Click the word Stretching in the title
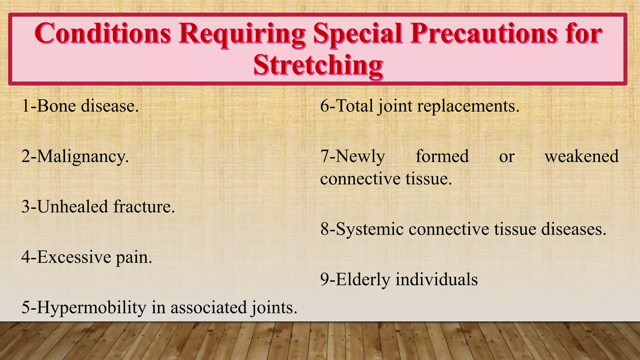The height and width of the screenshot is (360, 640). click(x=318, y=65)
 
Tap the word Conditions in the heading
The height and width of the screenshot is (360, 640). click(x=103, y=33)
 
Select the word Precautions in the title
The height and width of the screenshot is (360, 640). click(x=484, y=33)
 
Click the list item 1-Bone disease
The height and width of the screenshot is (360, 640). click(x=80, y=106)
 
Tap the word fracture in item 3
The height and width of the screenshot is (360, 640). click(x=143, y=207)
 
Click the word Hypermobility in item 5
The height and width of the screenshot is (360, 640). click(x=92, y=307)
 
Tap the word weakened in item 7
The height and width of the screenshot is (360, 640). click(x=581, y=156)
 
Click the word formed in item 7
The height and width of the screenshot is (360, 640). click(x=442, y=156)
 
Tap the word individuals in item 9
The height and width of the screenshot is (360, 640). click(x=437, y=279)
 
